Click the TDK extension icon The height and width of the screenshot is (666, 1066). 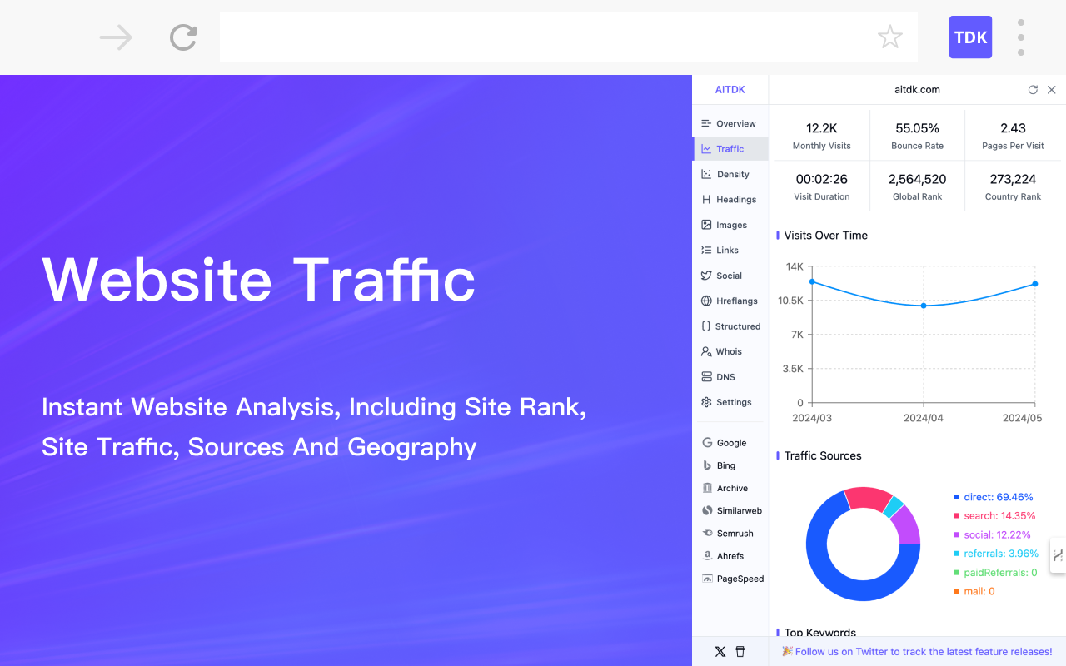tap(970, 37)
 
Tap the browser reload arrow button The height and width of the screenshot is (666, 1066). tap(183, 37)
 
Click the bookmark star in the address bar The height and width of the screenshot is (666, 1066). tap(890, 37)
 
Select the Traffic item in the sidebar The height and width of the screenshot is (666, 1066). tap(730, 149)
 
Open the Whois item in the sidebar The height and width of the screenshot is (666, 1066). tap(729, 351)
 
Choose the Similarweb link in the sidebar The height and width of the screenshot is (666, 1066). tap(739, 510)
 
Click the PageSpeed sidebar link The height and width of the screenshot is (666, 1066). tap(740, 579)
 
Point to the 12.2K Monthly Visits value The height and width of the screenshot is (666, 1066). tap(821, 128)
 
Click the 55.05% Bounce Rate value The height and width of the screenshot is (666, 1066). tap(917, 128)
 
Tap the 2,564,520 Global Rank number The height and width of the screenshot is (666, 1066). tap(917, 179)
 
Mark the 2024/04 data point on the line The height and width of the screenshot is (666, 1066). tap(924, 306)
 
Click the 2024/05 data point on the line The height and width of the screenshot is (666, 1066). tap(1035, 284)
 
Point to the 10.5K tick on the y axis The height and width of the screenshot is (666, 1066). tap(790, 301)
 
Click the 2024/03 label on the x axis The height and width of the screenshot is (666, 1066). tap(812, 418)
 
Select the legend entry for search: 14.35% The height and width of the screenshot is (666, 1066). tap(999, 516)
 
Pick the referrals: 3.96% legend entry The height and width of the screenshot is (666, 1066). tap(1000, 554)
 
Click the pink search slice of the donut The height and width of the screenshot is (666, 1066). tap(868, 498)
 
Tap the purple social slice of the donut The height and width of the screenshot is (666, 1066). tap(906, 524)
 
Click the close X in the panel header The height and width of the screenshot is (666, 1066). tap(1051, 90)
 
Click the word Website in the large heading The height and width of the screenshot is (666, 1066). tap(157, 279)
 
